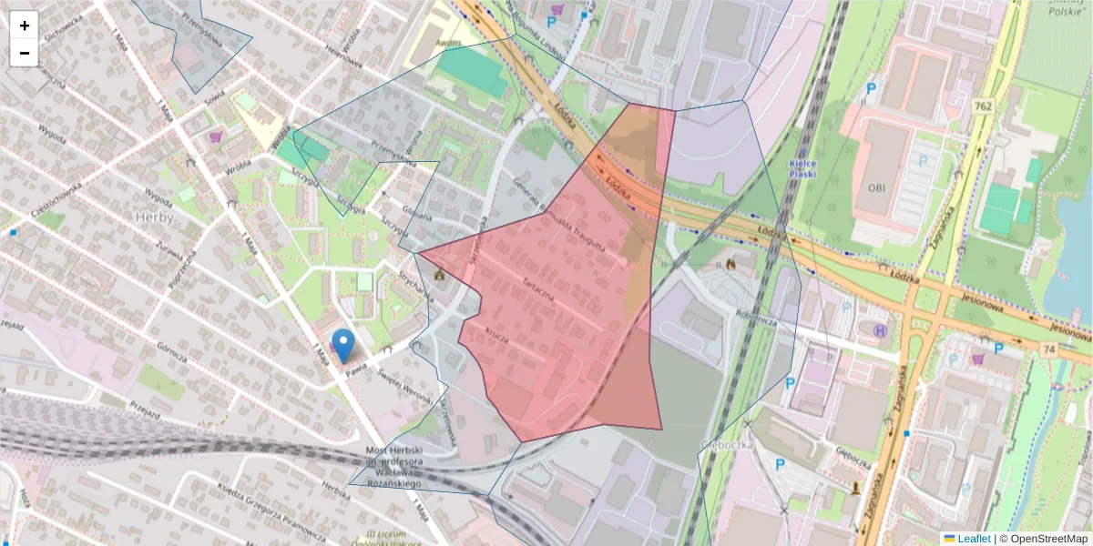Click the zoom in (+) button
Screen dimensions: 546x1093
[25, 25]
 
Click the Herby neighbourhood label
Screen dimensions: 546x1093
[153, 217]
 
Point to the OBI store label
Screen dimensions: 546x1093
[876, 188]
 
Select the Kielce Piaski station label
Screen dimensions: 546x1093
[802, 168]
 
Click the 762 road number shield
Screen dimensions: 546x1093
[982, 106]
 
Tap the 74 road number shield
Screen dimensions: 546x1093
[1049, 350]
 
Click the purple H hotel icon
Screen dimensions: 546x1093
[880, 330]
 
